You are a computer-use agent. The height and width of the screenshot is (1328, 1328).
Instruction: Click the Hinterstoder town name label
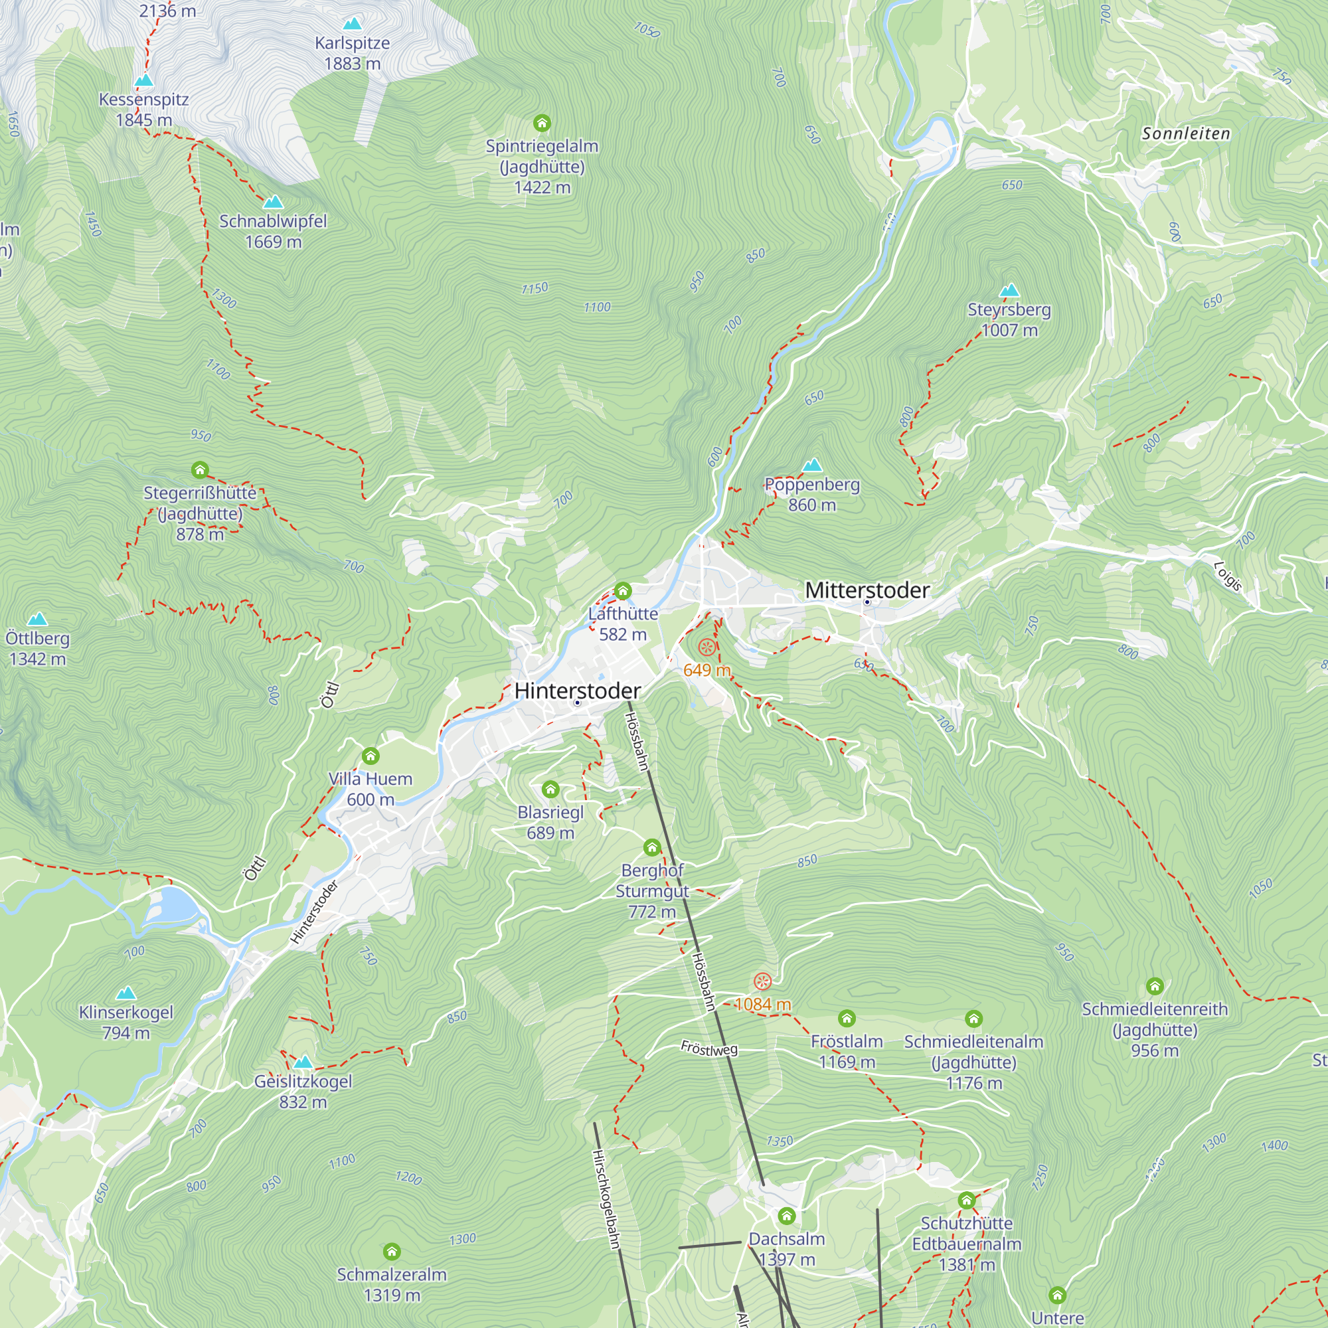[x=578, y=690]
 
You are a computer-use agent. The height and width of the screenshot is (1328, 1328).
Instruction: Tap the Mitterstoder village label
[x=867, y=590]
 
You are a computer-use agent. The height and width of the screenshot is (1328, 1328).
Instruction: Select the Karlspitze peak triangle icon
[x=352, y=24]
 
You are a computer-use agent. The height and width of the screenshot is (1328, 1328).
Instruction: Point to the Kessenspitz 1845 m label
[x=143, y=110]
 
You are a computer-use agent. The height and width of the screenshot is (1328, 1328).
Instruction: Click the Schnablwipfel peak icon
[x=273, y=202]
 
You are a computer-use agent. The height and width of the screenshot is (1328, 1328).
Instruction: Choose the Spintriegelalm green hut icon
[x=542, y=123]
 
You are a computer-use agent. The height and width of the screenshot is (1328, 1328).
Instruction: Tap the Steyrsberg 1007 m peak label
[x=1009, y=319]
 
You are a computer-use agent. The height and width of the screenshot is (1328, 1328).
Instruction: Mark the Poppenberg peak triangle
[x=812, y=465]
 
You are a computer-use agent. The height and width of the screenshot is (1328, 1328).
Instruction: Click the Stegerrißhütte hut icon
[x=200, y=470]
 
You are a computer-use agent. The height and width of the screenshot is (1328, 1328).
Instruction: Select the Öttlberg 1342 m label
[x=38, y=648]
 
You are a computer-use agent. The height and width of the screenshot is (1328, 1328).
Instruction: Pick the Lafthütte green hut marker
[x=623, y=590]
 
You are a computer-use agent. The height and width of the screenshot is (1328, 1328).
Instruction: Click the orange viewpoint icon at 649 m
[x=706, y=647]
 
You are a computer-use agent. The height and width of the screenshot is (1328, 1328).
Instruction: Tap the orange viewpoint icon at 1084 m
[x=762, y=981]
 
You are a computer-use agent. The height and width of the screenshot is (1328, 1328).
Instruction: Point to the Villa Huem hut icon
[x=371, y=756]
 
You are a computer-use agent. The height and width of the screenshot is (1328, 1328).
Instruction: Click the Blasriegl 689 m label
[x=550, y=822]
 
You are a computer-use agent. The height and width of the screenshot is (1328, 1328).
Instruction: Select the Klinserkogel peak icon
[x=125, y=993]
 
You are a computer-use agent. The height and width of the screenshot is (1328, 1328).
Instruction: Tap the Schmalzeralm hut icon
[x=392, y=1252]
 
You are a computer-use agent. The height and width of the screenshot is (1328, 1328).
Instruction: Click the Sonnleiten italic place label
[x=1186, y=133]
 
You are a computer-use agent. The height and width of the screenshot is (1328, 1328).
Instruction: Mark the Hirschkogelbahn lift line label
[x=606, y=1199]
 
